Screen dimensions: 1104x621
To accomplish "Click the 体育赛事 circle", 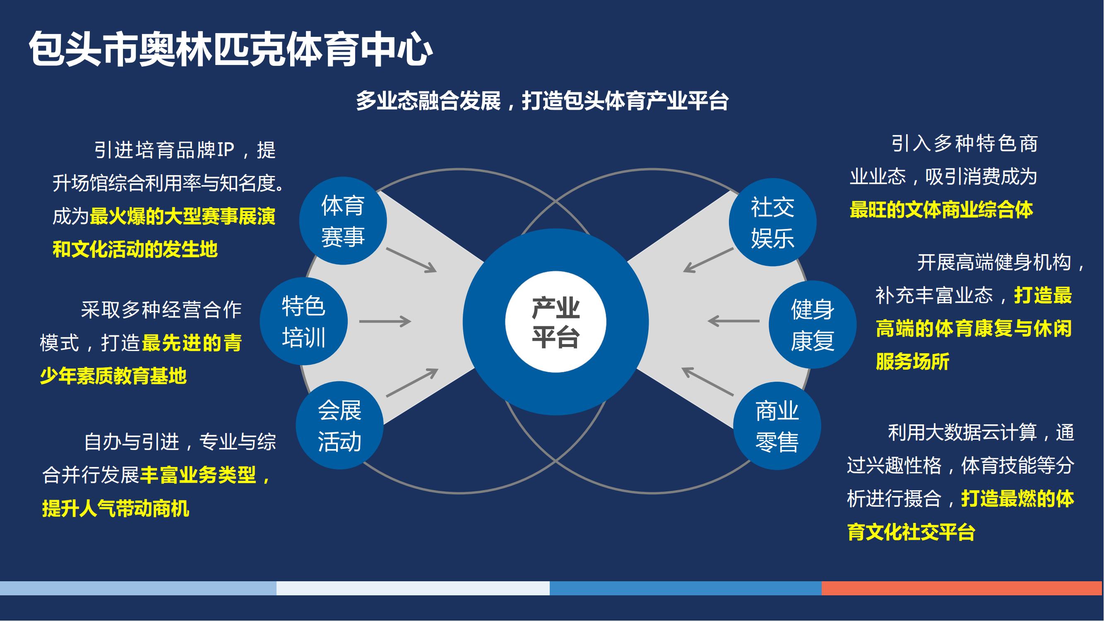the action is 343,221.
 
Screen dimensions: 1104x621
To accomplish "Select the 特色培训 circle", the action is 304,321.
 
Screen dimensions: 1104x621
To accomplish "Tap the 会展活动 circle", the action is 340,426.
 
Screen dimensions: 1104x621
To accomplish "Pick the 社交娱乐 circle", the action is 773,222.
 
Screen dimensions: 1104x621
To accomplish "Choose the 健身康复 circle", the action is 813,325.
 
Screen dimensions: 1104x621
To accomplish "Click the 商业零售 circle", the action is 777,426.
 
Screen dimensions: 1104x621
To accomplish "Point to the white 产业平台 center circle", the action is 556,322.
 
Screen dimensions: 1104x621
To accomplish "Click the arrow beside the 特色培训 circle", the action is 385,321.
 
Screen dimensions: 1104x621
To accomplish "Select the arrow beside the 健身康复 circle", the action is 733,320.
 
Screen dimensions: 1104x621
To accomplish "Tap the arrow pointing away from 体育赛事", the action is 411,260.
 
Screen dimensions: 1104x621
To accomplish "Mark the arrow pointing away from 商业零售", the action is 707,381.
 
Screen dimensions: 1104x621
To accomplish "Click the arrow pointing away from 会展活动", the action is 412,382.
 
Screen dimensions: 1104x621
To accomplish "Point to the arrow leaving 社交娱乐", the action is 708,260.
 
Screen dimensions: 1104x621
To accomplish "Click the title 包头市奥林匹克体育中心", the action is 231,50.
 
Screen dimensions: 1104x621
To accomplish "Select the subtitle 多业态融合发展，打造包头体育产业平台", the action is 542,101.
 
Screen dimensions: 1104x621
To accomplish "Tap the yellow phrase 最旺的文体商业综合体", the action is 941,210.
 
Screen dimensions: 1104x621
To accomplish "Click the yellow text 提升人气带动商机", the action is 116,509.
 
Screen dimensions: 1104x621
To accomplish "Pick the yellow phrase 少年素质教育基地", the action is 113,376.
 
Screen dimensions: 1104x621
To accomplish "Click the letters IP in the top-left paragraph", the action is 226,150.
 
